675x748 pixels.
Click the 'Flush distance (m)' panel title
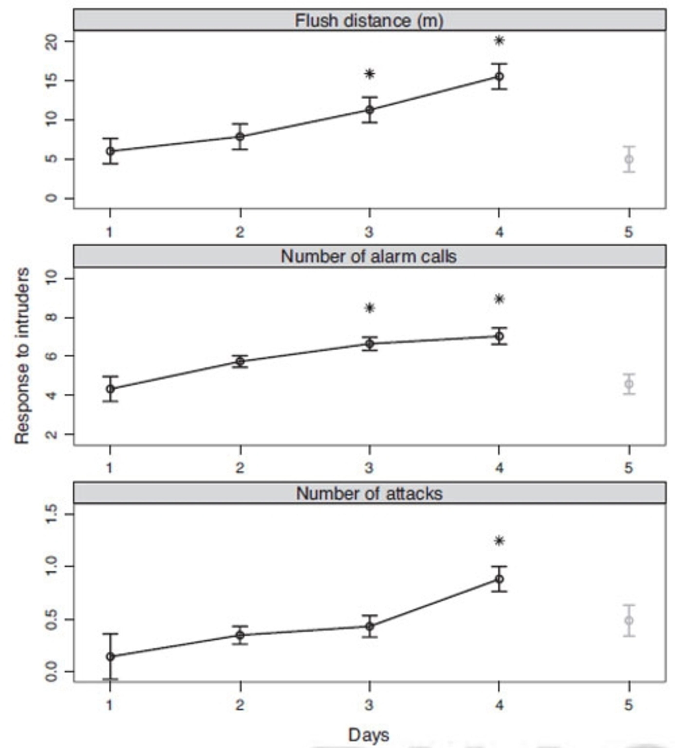click(369, 20)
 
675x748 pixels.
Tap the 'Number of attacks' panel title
click(369, 494)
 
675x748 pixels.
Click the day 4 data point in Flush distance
click(499, 76)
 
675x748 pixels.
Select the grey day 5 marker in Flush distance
click(629, 159)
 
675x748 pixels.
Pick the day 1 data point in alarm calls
click(110, 389)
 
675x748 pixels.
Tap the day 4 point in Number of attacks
click(499, 579)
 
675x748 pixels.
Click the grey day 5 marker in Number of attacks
click(629, 620)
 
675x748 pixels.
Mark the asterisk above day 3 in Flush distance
click(370, 74)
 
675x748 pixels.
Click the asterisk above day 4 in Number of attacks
click(499, 541)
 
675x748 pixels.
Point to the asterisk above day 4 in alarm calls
click(499, 299)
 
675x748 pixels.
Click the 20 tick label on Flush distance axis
click(52, 42)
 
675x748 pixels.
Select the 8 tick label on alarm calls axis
click(52, 318)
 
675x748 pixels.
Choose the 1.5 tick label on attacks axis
click(52, 514)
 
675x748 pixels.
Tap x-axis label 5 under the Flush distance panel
click(628, 232)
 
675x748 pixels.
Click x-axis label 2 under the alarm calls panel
click(240, 468)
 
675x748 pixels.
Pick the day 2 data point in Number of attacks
click(240, 635)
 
